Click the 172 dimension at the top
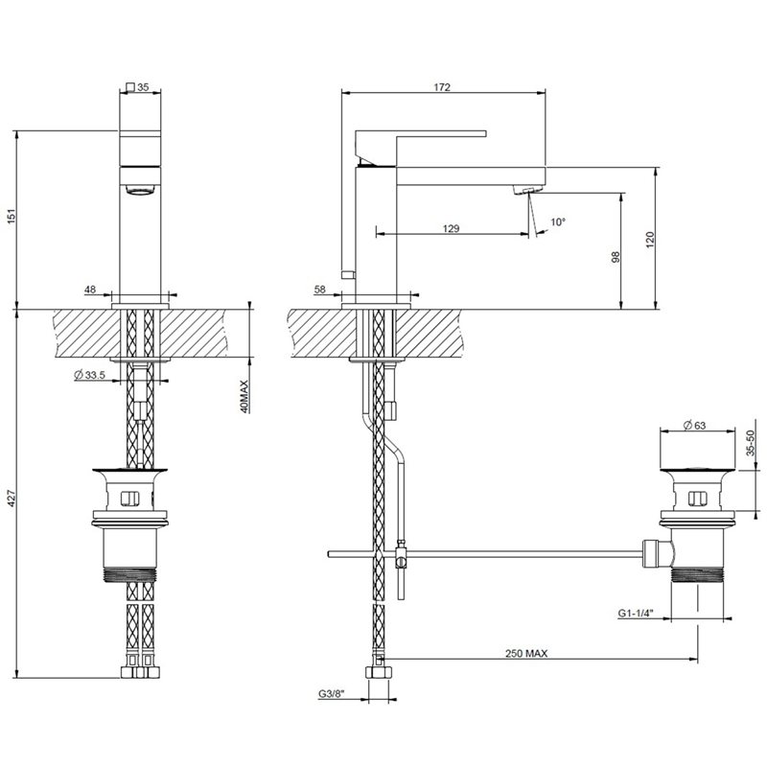click(x=442, y=87)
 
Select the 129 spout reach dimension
click(x=451, y=228)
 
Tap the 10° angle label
click(x=558, y=222)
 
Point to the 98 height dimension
click(x=616, y=256)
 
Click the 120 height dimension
click(x=650, y=240)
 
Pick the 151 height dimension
click(x=12, y=217)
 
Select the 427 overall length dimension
click(x=12, y=498)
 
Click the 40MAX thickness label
click(x=244, y=396)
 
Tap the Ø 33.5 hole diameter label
click(x=89, y=375)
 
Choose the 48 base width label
click(x=90, y=290)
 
